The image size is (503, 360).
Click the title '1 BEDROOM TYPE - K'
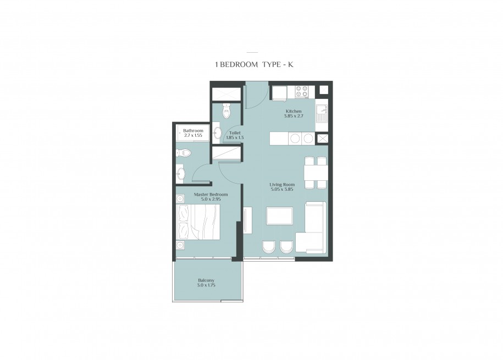tap(254, 64)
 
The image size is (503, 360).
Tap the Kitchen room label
tap(294, 112)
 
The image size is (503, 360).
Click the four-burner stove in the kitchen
tap(302, 91)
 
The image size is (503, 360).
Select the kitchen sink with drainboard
tap(321, 114)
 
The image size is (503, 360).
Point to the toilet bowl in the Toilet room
tap(227, 110)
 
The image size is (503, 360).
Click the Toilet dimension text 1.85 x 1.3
tap(235, 137)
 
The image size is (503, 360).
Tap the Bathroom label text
tap(193, 131)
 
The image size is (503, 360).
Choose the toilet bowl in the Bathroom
tap(183, 153)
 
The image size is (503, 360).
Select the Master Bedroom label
tap(211, 195)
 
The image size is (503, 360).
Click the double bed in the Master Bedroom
tap(198, 222)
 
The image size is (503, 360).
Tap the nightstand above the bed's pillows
tap(180, 198)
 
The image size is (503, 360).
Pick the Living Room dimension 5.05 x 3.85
tap(282, 189)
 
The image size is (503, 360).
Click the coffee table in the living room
tap(279, 215)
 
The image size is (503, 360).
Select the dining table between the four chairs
tap(316, 173)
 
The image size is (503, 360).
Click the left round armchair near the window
tap(269, 248)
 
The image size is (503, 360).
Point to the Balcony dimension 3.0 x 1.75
tap(206, 285)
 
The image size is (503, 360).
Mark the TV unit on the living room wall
tap(247, 220)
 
